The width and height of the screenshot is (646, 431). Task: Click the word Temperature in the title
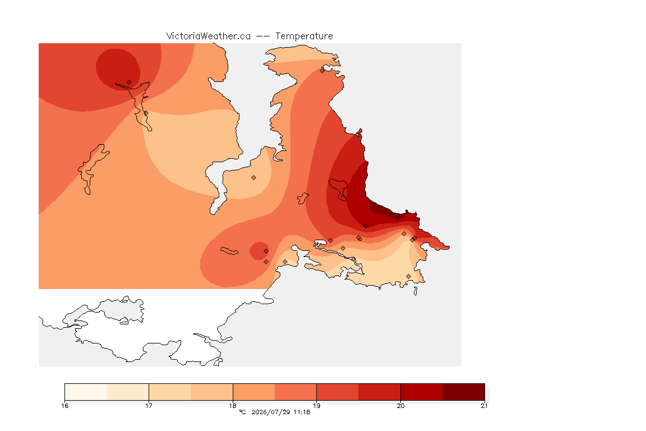pyautogui.click(x=304, y=36)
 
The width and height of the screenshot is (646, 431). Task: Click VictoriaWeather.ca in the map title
pyautogui.click(x=209, y=36)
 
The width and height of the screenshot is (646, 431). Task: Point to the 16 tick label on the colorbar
pyautogui.click(x=64, y=406)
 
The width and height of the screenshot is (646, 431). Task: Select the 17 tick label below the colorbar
pyautogui.click(x=149, y=406)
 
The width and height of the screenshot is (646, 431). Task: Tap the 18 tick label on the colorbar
pyautogui.click(x=233, y=406)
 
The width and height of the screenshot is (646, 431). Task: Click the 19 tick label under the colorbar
pyautogui.click(x=316, y=406)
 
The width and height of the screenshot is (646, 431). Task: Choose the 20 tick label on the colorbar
pyautogui.click(x=400, y=406)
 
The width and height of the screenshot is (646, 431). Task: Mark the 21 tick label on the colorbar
pyautogui.click(x=484, y=406)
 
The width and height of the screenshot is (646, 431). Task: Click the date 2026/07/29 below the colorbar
pyautogui.click(x=271, y=412)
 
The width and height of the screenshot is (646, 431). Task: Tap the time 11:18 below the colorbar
pyautogui.click(x=302, y=412)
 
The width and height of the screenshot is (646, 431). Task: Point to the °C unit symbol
pyautogui.click(x=243, y=412)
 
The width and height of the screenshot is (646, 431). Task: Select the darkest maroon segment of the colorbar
pyautogui.click(x=464, y=392)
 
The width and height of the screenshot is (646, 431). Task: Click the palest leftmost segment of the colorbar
pyautogui.click(x=86, y=392)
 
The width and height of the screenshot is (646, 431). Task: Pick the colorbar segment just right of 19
pyautogui.click(x=338, y=392)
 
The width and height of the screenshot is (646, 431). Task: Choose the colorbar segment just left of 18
pyautogui.click(x=212, y=392)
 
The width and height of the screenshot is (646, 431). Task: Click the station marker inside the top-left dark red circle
pyautogui.click(x=130, y=82)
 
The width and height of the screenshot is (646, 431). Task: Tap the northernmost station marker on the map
pyautogui.click(x=322, y=71)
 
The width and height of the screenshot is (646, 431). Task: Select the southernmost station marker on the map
pyautogui.click(x=408, y=276)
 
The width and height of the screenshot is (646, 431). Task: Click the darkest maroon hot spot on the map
pyautogui.click(x=383, y=209)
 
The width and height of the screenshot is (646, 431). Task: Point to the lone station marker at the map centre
pyautogui.click(x=254, y=178)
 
